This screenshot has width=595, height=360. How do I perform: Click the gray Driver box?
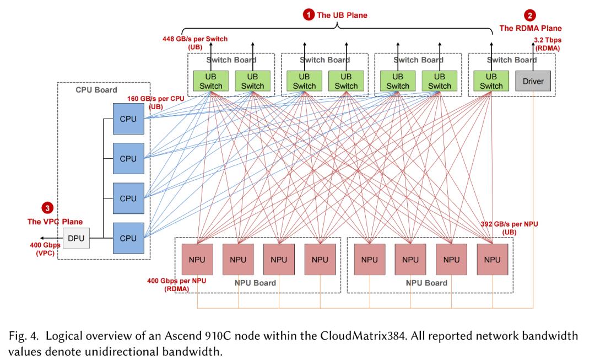[533, 81]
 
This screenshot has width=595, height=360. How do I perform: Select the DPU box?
[76, 238]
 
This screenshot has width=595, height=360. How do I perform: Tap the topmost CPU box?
[128, 119]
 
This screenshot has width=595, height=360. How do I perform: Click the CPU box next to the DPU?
[128, 238]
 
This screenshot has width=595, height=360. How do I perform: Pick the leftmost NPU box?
[197, 259]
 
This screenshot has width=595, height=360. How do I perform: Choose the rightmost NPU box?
[492, 259]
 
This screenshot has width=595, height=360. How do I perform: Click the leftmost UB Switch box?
[210, 81]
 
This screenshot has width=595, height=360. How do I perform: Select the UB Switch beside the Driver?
[491, 81]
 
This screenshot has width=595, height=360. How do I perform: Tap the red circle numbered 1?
[309, 15]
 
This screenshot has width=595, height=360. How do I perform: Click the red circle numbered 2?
[530, 15]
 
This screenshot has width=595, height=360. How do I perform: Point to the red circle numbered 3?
[47, 208]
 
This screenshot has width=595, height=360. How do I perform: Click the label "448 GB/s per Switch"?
[195, 39]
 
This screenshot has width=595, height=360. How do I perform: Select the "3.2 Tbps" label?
[548, 40]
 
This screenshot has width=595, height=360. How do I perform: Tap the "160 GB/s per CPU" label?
[155, 99]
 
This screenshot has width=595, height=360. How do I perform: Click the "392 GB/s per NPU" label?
[509, 224]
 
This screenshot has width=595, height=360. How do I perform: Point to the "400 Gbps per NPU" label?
[176, 281]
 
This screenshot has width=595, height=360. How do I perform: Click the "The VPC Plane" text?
[55, 222]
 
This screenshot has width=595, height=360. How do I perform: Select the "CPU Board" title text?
[96, 90]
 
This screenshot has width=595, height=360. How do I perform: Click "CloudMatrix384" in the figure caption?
[362, 336]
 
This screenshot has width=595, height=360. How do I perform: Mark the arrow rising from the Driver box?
[533, 57]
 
